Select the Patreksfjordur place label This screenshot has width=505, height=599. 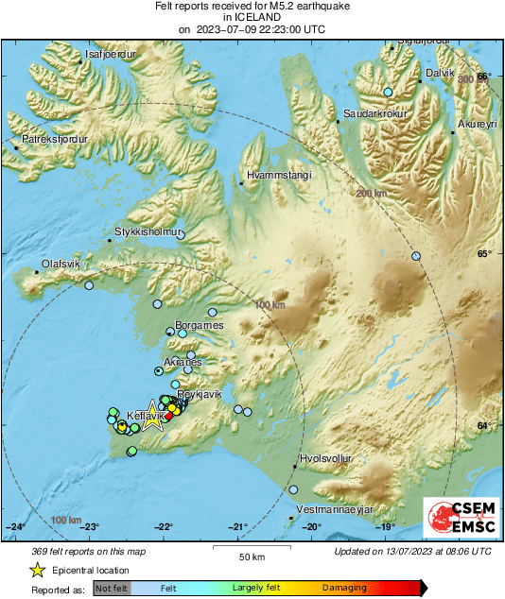point(54,139)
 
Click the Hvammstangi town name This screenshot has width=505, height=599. point(273,176)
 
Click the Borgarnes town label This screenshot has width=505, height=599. point(200,325)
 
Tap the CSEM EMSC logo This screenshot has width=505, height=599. point(459,519)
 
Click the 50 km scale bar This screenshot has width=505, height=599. point(251,548)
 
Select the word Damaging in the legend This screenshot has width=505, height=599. point(344,587)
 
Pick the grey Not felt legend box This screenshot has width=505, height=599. point(112,588)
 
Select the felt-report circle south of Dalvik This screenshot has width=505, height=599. point(388,92)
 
